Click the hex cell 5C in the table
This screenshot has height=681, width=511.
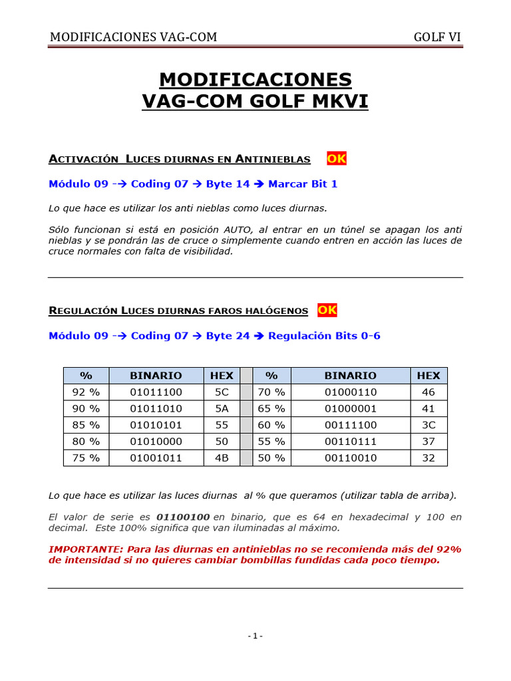222,392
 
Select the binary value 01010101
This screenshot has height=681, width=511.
156,425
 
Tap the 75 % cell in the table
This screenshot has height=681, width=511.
86,458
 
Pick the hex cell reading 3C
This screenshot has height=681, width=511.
428,425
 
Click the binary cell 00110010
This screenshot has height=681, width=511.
351,458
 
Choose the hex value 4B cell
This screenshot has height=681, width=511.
222,458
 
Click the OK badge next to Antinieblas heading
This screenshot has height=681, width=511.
336,158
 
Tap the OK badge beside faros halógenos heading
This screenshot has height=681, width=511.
327,310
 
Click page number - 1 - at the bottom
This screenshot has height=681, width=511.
255,636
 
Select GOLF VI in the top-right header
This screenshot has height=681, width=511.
437,37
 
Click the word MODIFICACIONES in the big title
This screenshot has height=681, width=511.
255,80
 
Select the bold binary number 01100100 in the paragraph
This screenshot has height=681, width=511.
183,517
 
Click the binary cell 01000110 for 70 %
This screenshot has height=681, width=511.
351,392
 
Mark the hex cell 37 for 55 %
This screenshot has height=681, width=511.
428,442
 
